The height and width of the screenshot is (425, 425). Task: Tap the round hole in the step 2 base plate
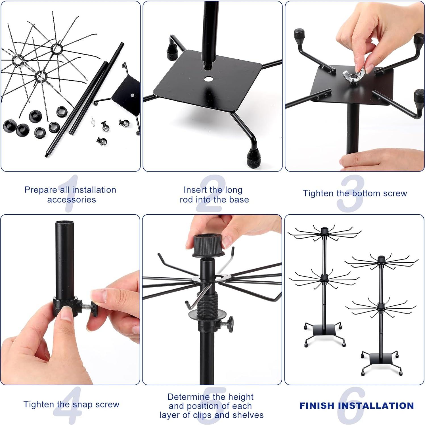(209, 79)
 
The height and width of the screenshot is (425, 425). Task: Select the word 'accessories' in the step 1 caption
(72, 200)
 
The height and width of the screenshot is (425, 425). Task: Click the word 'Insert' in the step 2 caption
(195, 190)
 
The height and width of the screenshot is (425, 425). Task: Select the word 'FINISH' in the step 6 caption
(317, 406)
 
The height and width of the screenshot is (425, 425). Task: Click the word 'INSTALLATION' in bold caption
(376, 406)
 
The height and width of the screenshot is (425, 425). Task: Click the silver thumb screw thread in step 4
(86, 307)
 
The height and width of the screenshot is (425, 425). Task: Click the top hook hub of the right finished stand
(381, 259)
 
